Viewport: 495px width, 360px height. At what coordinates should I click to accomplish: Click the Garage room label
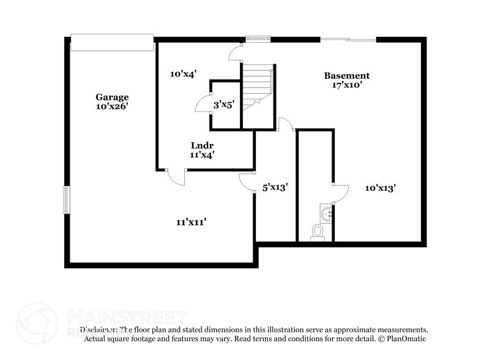(x=111, y=97)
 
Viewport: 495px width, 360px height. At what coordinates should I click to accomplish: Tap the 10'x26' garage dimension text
(x=111, y=106)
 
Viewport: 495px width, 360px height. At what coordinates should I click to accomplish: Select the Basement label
(x=346, y=76)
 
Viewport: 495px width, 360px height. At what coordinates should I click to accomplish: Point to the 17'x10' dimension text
(x=346, y=85)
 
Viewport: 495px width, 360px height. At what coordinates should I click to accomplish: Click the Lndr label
(x=201, y=146)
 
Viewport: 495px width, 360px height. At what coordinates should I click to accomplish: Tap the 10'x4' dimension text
(x=182, y=74)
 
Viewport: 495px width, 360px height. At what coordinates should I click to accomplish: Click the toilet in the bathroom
(x=318, y=231)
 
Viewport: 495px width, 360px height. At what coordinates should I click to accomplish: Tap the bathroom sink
(x=326, y=214)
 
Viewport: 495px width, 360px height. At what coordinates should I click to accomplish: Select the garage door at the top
(x=111, y=43)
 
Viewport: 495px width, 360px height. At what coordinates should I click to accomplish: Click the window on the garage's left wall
(x=66, y=200)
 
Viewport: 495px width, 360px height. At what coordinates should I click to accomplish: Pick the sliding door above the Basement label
(x=348, y=40)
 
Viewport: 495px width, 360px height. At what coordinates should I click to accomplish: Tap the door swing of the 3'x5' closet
(x=203, y=106)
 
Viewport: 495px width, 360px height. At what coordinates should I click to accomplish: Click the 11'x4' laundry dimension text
(x=201, y=155)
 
